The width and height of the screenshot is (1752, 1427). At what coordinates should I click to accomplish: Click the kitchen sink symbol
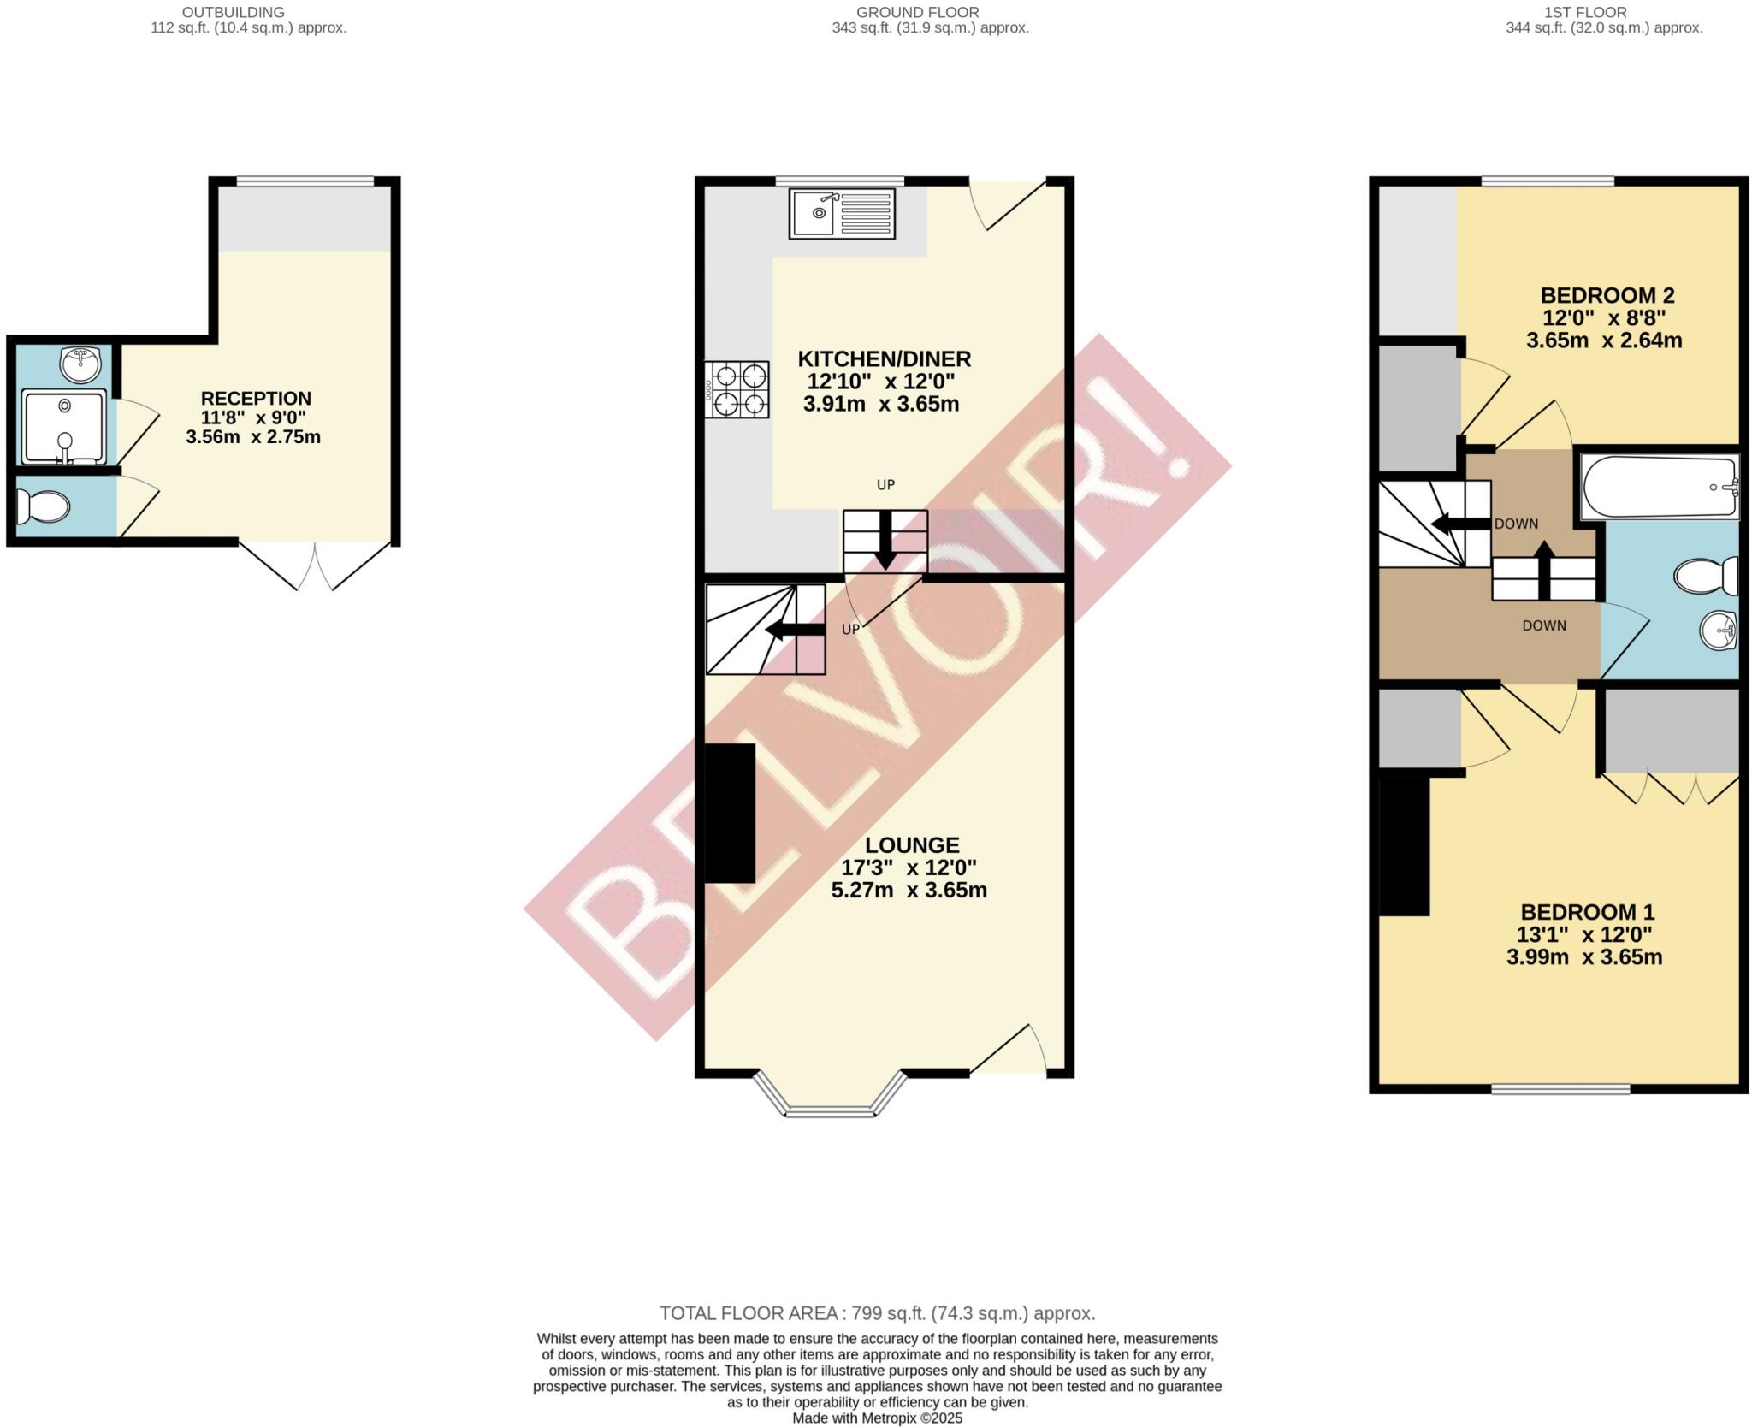tap(842, 213)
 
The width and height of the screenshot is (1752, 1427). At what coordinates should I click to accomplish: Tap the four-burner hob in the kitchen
tap(737, 389)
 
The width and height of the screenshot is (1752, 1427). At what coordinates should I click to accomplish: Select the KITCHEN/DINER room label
tap(884, 358)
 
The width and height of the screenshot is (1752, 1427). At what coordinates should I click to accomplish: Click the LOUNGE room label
tap(911, 845)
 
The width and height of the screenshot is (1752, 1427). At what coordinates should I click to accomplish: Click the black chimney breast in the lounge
tap(728, 813)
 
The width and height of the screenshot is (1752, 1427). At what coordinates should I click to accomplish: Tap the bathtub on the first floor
tap(1659, 486)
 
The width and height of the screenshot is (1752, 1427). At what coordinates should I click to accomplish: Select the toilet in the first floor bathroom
tap(1704, 576)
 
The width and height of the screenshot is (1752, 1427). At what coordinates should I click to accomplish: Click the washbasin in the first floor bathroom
tap(1719, 631)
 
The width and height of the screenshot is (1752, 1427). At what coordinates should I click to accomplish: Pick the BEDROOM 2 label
tap(1607, 295)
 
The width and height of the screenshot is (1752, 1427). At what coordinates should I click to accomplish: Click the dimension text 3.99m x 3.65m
tap(1584, 957)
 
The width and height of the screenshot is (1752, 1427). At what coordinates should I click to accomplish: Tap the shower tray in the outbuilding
tap(64, 426)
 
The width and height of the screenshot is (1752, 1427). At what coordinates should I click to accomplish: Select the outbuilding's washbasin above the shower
tap(80, 363)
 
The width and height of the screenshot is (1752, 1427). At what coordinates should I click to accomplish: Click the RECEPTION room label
tap(255, 398)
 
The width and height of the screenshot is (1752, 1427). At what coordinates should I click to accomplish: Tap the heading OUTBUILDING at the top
tap(233, 12)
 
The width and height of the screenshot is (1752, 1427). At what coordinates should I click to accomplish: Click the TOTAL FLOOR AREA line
tap(877, 1313)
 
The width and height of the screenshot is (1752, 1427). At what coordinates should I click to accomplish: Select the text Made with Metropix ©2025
tap(877, 1418)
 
